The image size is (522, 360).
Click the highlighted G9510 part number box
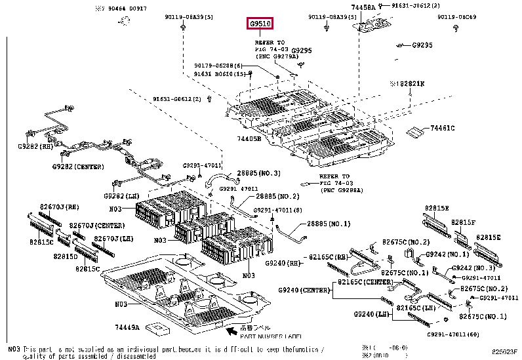tap(260, 24)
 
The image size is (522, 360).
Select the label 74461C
tap(442, 128)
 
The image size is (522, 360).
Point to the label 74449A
tap(127, 326)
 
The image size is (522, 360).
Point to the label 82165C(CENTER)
tap(365, 282)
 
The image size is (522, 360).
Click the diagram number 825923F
tap(506, 352)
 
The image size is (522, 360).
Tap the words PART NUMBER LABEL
tap(266, 336)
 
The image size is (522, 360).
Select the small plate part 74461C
tap(414, 132)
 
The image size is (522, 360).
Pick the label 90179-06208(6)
tap(218, 66)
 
